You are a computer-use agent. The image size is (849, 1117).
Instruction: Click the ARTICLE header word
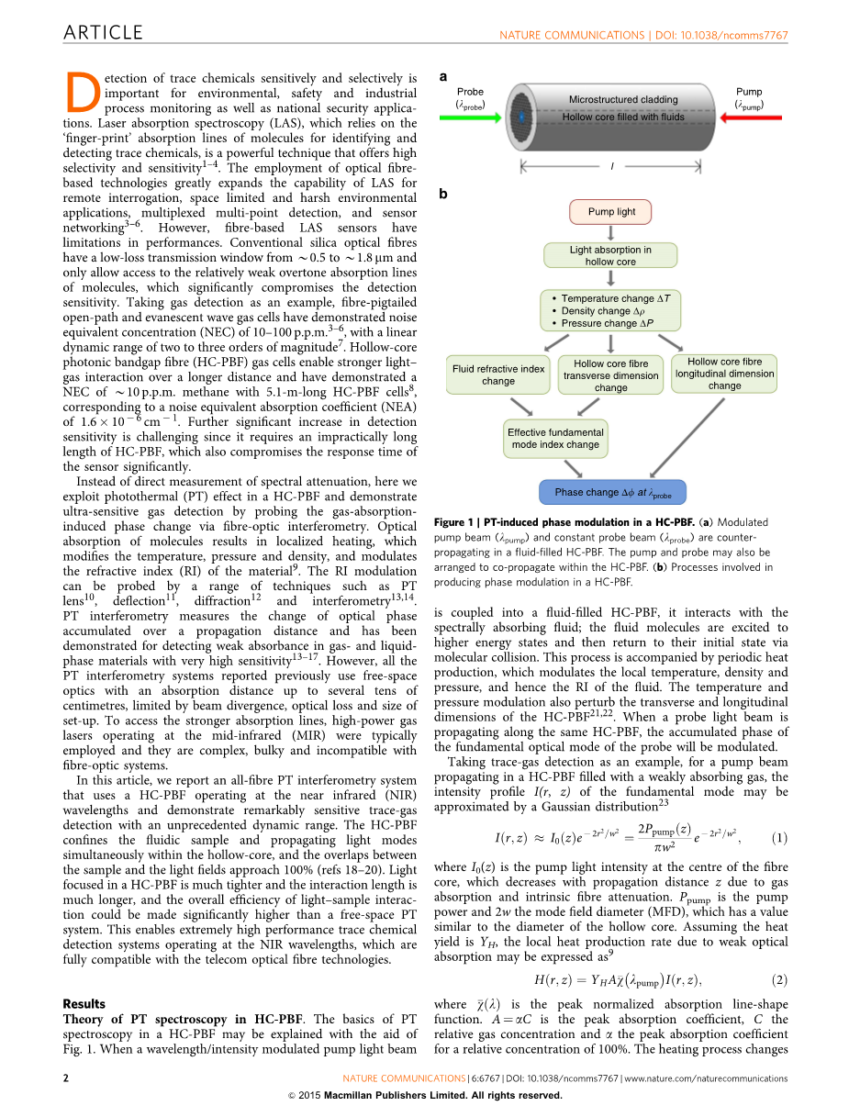103,33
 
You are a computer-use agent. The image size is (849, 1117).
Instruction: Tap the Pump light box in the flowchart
611,212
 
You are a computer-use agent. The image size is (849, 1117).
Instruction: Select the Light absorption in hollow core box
610,255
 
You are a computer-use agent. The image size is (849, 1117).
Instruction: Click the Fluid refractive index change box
498,374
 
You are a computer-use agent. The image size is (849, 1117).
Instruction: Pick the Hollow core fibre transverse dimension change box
610,375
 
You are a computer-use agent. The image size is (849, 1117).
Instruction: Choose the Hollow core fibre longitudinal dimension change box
724,374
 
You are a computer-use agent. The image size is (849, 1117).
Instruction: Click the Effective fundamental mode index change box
555,438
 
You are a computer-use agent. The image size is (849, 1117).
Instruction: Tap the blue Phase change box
612,492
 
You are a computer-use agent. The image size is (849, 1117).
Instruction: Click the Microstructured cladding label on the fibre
623,99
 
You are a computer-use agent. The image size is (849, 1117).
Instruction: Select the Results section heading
84,1003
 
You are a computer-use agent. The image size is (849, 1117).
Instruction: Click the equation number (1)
779,837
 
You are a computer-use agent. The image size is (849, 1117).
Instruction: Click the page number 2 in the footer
66,1078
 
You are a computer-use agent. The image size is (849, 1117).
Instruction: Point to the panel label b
443,195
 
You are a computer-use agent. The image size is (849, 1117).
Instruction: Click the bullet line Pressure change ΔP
607,323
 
